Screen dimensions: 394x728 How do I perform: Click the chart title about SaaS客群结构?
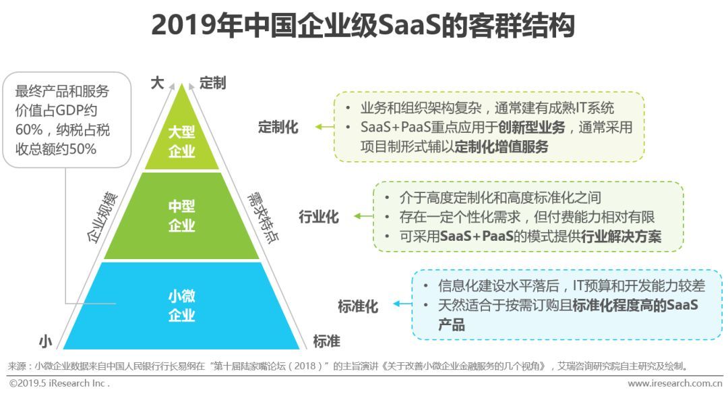point(363,26)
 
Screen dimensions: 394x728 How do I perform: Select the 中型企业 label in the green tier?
point(181,216)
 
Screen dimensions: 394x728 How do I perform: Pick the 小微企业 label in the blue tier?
point(181,305)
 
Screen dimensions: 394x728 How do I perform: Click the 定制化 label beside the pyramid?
point(278,127)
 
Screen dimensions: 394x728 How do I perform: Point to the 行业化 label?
point(319,217)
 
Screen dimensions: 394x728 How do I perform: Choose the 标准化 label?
point(358,306)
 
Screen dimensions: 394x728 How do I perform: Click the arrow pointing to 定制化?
point(323,127)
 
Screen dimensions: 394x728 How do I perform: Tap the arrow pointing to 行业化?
point(363,217)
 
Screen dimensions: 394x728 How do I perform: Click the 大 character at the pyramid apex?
point(156,83)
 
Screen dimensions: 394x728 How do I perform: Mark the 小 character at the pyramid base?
point(46,342)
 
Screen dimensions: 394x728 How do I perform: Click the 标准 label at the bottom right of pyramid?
point(326,341)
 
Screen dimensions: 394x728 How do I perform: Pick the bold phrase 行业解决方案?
point(618,236)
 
